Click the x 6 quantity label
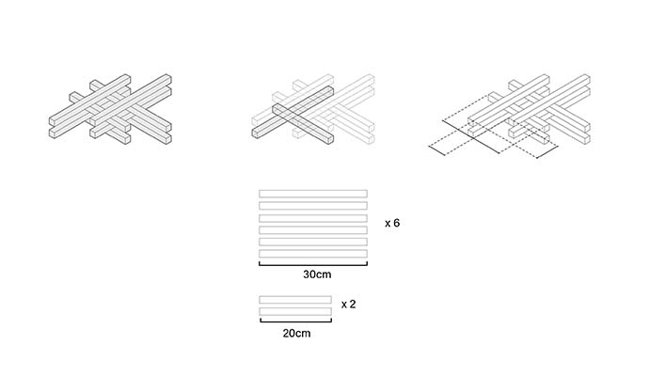pos(394,224)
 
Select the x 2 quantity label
pos(348,304)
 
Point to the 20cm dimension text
pos(294,332)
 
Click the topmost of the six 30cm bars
pos(312,193)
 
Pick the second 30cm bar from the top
pos(312,205)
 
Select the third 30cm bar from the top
pos(312,217)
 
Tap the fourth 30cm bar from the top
pos(312,229)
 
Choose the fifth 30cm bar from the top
pos(312,242)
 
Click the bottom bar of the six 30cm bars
pos(312,254)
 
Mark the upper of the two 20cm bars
pos(294,299)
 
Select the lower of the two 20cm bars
pos(294,311)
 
